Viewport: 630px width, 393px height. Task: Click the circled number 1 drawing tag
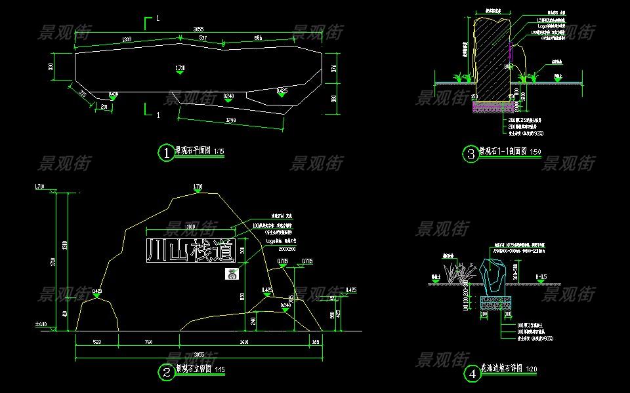tap(166, 153)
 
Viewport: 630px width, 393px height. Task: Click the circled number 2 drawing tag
tap(166, 372)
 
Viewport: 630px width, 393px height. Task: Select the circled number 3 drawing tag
tap(470, 154)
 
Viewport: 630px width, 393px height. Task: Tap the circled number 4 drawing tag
tap(472, 374)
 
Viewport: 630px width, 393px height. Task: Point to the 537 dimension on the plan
tap(203, 39)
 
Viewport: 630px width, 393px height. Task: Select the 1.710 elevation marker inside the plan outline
tap(180, 69)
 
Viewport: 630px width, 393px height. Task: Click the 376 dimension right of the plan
tap(333, 67)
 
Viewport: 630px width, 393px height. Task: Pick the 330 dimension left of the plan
tap(51, 67)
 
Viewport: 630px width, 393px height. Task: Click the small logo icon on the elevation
tap(230, 274)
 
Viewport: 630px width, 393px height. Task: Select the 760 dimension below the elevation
tap(148, 341)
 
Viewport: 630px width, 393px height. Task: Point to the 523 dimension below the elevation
tap(96, 341)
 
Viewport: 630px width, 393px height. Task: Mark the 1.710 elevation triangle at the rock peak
tap(198, 191)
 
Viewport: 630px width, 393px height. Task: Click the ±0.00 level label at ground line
tap(41, 324)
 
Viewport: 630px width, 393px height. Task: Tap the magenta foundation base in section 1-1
tap(493, 105)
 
